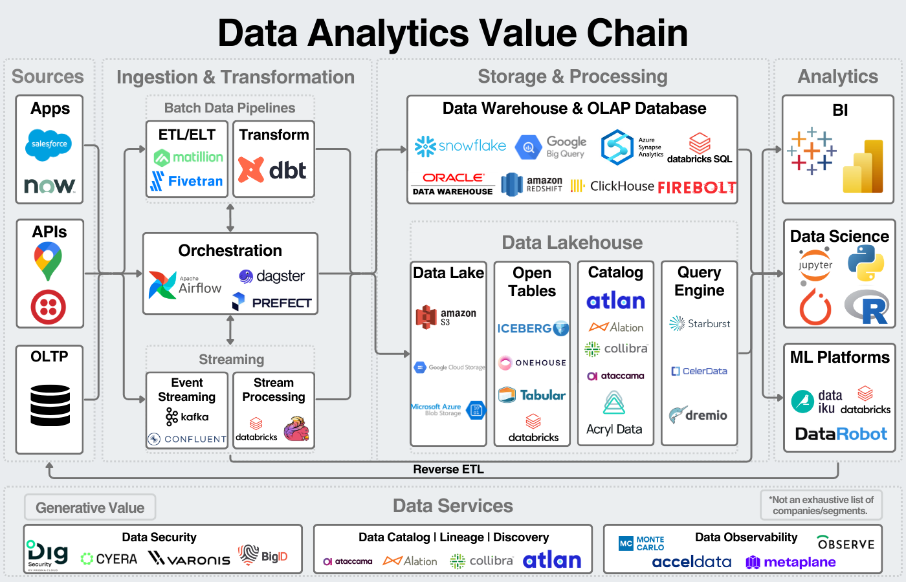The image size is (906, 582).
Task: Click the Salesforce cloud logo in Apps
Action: pos(49,144)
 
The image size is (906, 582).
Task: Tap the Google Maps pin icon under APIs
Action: pos(48,260)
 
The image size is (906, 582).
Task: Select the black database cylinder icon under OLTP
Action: pos(50,405)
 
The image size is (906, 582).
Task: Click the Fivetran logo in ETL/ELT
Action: pos(187,181)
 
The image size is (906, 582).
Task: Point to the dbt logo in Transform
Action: pos(272,170)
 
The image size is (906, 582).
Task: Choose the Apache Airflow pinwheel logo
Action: pos(162,285)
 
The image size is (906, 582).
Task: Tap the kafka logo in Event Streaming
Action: pos(187,417)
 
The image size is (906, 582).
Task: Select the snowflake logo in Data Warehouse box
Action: pos(460,146)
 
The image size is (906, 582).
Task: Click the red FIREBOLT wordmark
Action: pos(697,188)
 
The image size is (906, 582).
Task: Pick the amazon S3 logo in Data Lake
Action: pos(446,317)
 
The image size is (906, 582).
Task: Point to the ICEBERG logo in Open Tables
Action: pos(533,329)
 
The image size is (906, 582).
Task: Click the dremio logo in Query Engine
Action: pos(698,415)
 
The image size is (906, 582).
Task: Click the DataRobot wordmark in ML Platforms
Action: pos(841,434)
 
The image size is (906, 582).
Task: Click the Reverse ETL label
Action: pos(448,469)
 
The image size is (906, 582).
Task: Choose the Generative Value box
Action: pos(90,508)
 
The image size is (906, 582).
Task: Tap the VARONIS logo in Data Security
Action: pos(189,559)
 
